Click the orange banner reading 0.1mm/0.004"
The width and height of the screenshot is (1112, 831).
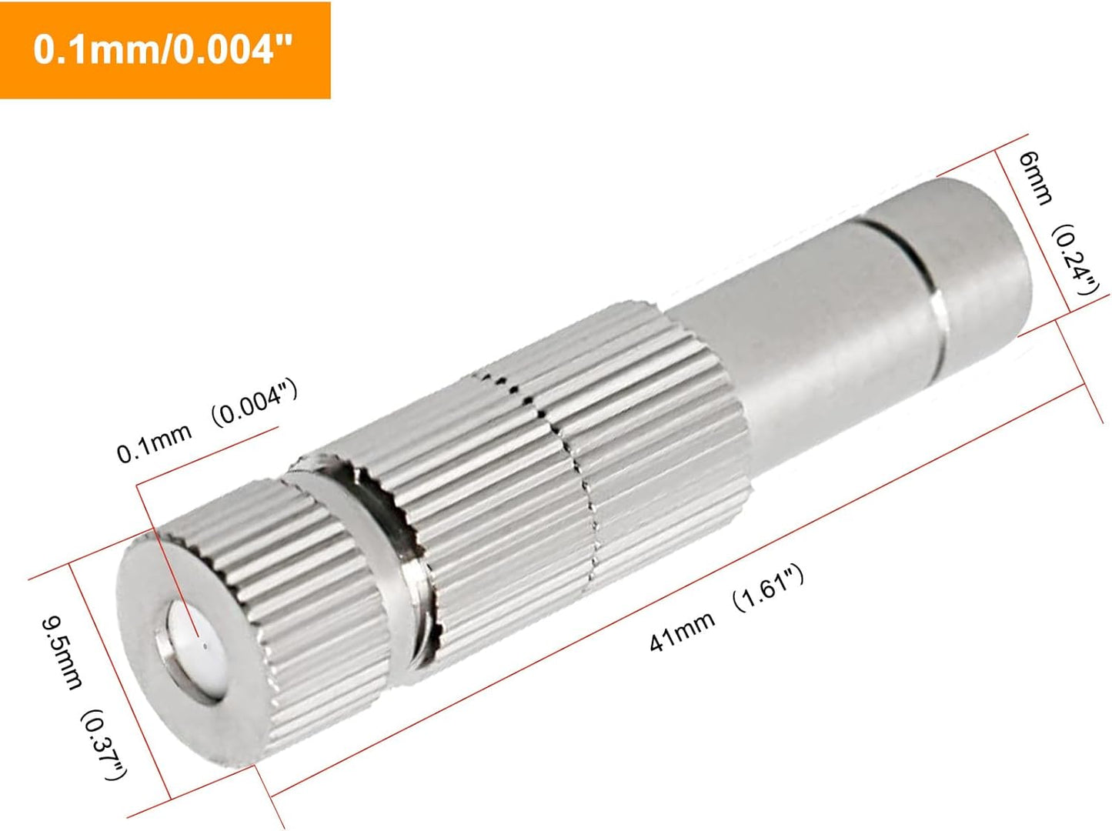[165, 50]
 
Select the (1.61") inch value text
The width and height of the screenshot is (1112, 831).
[767, 589]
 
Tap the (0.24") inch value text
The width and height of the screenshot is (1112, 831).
[1074, 261]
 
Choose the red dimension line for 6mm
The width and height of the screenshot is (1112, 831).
[1035, 231]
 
